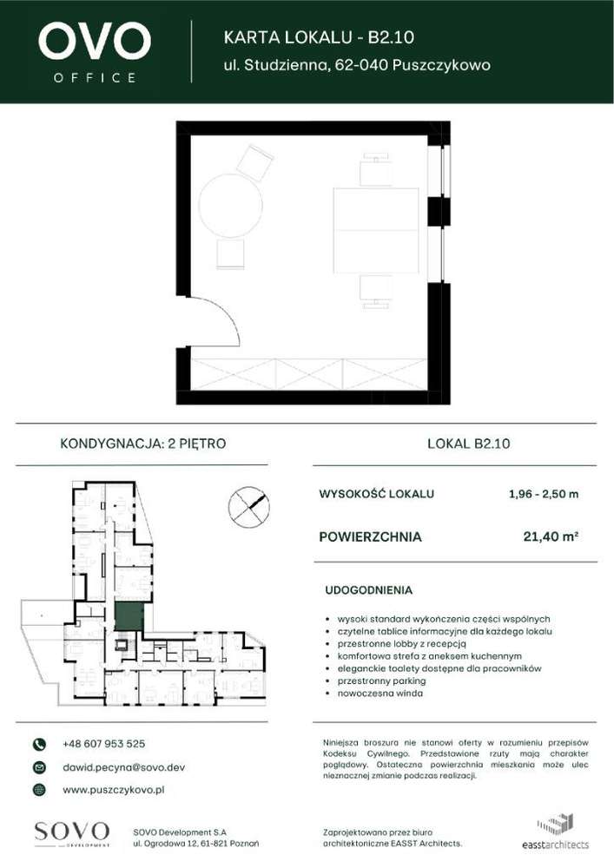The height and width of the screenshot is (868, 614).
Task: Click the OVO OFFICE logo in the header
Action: [94, 51]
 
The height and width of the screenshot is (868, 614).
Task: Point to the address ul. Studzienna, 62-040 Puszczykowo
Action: [357, 65]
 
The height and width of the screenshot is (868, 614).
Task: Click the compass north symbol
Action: [248, 507]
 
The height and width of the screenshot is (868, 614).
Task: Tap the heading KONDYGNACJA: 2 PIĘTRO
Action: [143, 444]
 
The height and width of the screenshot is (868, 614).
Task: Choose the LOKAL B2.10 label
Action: [469, 444]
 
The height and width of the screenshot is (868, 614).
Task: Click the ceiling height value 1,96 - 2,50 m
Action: [543, 495]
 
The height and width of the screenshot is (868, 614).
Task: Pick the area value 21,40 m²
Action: [551, 537]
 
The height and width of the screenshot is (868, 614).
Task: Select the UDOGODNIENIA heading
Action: [368, 590]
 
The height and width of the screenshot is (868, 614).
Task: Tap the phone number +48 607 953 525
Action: [104, 744]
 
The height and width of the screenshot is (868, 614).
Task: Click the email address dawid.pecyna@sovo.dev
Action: [123, 767]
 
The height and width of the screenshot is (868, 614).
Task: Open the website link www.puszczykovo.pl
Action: [114, 790]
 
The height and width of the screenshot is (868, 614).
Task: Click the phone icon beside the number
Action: [38, 745]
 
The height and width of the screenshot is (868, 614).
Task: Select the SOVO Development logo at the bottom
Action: [72, 833]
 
